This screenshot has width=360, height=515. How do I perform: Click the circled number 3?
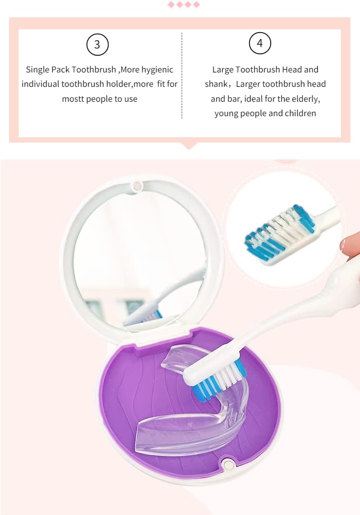(x=97, y=45)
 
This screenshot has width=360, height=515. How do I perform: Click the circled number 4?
(x=260, y=44)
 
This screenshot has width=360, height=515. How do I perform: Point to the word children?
(x=300, y=113)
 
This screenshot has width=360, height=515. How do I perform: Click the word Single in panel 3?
(x=37, y=70)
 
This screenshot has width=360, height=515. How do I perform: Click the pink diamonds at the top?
(x=183, y=5)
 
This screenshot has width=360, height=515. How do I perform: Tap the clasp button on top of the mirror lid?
(x=137, y=185)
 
